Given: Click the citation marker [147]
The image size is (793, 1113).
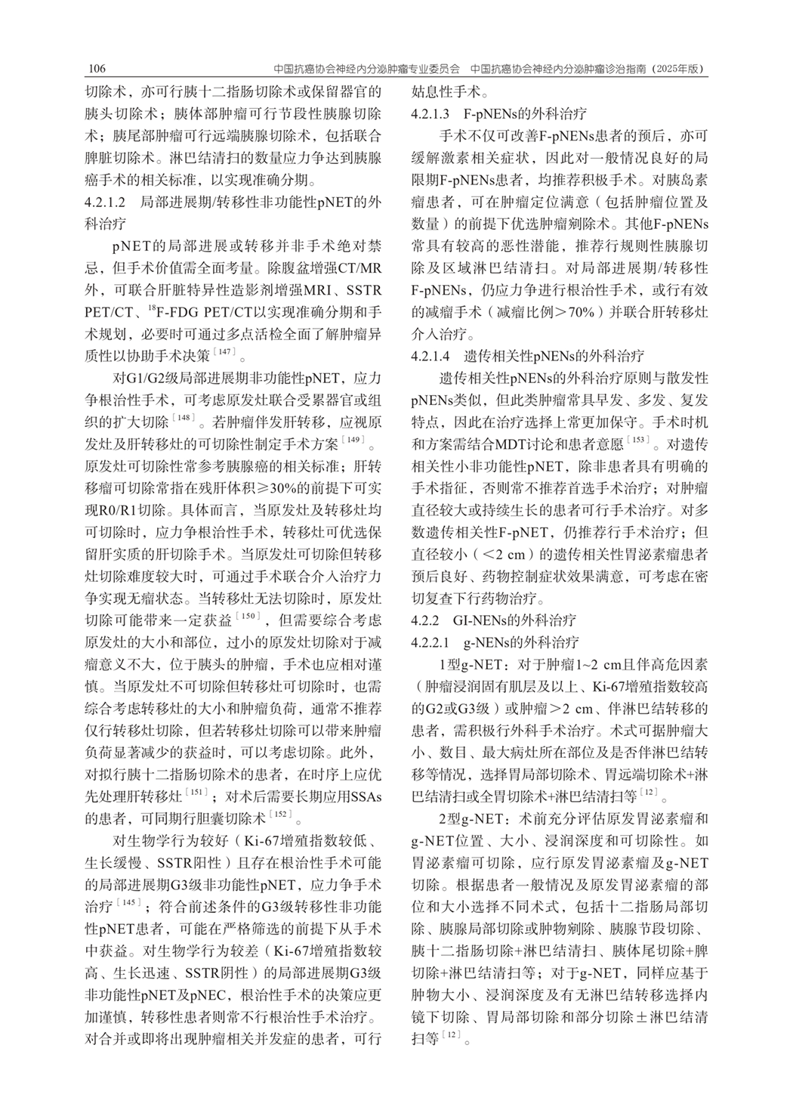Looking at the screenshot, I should pos(225,352).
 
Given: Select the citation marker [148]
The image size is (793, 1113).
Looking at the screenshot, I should pos(184,418).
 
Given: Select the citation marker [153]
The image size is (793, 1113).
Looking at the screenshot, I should pos(639,440).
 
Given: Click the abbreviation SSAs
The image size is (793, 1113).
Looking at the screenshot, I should pos(363,796).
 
